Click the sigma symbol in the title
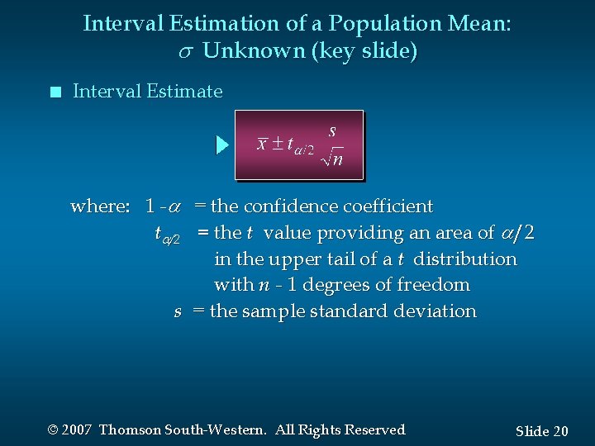coord(186,52)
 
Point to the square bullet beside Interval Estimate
coord(55,93)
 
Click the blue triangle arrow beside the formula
coord(221,145)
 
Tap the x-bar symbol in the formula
coord(262,145)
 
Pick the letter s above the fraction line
coord(332,130)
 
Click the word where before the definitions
coord(99,206)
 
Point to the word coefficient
coord(388,206)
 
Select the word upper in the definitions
coord(294,259)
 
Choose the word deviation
coord(436,312)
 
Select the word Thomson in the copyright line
coord(130,429)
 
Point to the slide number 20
coord(560,431)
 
